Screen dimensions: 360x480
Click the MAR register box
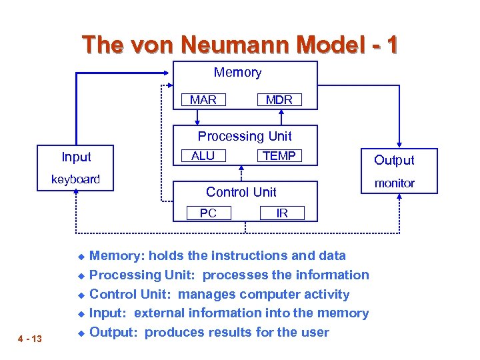[x=203, y=100]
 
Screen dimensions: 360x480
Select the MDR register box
[x=279, y=100]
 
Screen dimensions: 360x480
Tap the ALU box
[x=203, y=155]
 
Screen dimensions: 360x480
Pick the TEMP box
[x=279, y=155]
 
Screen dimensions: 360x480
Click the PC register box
[x=208, y=213]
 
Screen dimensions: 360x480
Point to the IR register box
[x=282, y=213]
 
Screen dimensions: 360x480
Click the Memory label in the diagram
[x=237, y=73]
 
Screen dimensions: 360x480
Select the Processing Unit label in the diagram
[x=245, y=136]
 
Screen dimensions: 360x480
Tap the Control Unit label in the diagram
[x=241, y=192]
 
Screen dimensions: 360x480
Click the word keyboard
[x=75, y=179]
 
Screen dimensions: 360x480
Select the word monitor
[x=394, y=183]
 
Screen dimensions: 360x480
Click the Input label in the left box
[x=76, y=157]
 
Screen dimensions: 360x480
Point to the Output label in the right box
[x=394, y=160]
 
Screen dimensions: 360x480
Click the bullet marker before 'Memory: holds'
[x=79, y=256]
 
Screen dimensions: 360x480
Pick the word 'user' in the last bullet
[x=315, y=332]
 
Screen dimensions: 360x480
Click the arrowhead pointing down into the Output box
[x=398, y=143]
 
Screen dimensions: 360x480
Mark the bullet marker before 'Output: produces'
[x=79, y=333]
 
